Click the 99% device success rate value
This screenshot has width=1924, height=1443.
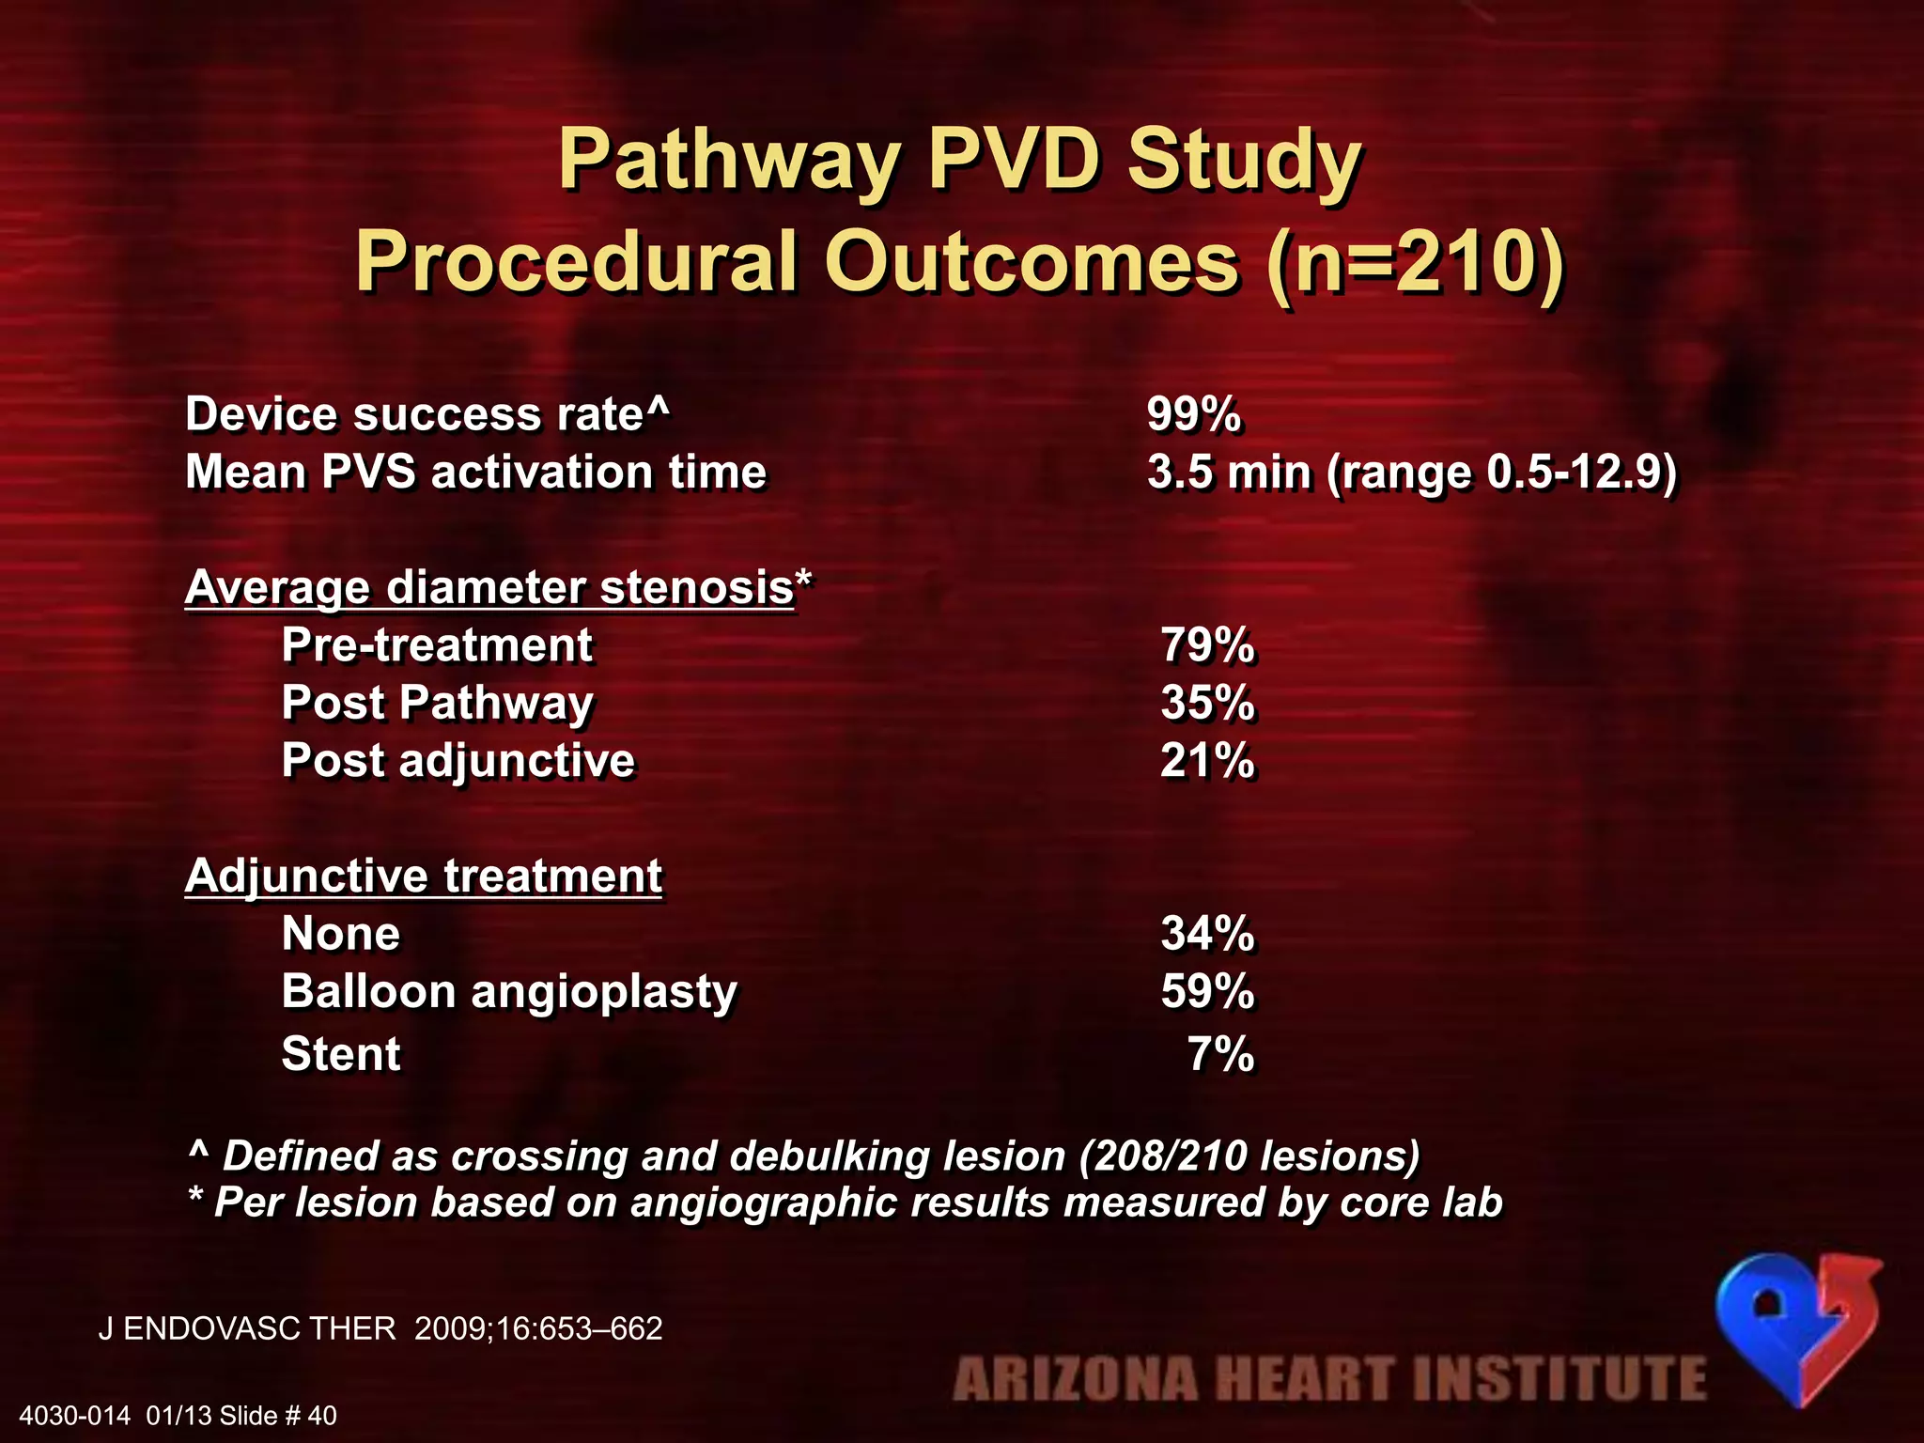(x=1193, y=414)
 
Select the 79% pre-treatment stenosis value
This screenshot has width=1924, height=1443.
(x=1207, y=645)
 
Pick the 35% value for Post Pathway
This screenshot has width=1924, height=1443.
(x=1207, y=703)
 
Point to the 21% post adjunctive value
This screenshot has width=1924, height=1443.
(x=1207, y=760)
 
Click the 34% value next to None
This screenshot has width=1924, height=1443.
(x=1207, y=934)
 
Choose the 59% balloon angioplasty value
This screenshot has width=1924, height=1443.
(x=1207, y=991)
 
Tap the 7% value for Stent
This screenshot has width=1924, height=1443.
(x=1220, y=1053)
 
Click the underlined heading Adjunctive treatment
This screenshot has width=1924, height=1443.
(x=424, y=876)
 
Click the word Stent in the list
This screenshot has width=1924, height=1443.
(x=341, y=1053)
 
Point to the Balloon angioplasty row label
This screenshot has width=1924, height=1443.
(x=509, y=992)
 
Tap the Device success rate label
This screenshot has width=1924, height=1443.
(x=427, y=414)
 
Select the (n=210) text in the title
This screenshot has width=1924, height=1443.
(x=1414, y=261)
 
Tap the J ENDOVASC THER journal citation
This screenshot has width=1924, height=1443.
(x=380, y=1328)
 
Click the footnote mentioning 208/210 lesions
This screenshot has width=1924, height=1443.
(x=804, y=1156)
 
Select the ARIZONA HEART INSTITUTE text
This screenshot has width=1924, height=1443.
(x=1329, y=1379)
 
